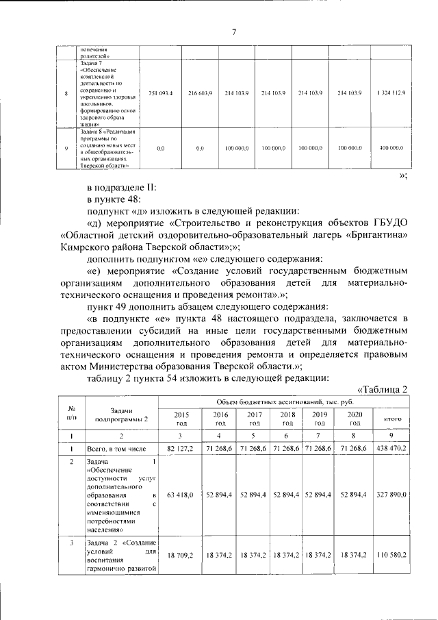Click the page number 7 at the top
(233, 31)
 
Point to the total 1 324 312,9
(390, 92)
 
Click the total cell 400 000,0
(390, 147)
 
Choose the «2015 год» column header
(181, 419)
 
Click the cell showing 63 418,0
(181, 494)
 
